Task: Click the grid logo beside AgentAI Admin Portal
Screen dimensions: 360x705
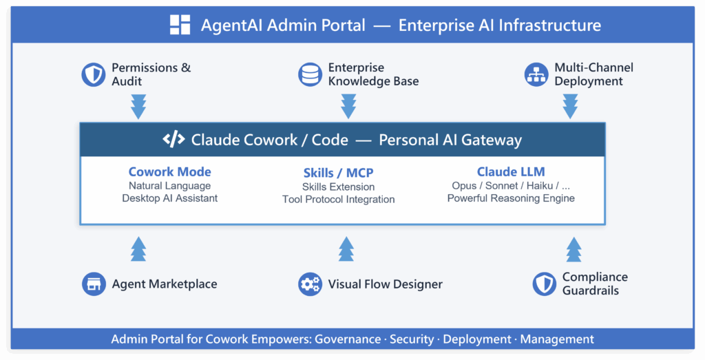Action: [x=180, y=25]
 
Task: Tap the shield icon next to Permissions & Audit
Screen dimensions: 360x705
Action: [x=94, y=74]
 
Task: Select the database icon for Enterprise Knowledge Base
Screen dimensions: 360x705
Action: [x=310, y=74]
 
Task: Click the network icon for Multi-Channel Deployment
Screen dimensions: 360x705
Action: [x=536, y=74]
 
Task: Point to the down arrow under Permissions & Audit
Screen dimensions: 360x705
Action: [x=138, y=107]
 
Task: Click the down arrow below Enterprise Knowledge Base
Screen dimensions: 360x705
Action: [x=348, y=107]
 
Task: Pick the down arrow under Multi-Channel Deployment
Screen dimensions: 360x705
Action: [x=570, y=107]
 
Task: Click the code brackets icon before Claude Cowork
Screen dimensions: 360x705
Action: [x=173, y=140]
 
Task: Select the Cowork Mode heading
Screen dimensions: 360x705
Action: [x=169, y=172]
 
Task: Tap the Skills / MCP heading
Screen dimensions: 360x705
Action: [x=338, y=173]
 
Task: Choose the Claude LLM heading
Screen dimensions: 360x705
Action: [x=511, y=172]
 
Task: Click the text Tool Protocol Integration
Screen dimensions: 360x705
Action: [x=338, y=200]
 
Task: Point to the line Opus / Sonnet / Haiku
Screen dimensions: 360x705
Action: [x=511, y=186]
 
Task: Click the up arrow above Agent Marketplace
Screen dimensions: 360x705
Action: [x=138, y=248]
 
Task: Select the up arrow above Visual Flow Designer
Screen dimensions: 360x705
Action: [x=346, y=248]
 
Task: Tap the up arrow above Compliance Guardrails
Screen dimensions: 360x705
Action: [x=574, y=248]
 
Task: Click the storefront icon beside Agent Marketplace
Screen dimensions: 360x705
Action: [x=94, y=284]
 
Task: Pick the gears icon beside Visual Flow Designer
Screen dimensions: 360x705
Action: [x=310, y=284]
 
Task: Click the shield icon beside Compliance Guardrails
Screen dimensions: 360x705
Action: [x=544, y=284]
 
